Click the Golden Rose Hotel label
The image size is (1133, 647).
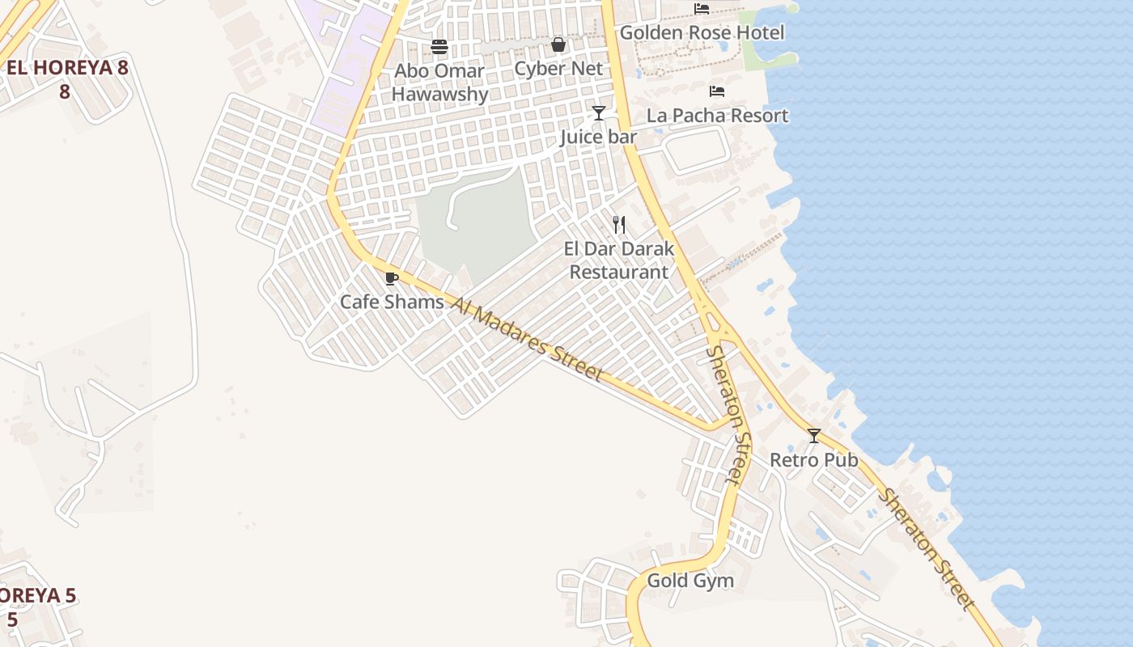coord(702,33)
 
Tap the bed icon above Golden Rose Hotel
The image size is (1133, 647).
coord(702,9)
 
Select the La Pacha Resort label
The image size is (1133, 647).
coord(717,116)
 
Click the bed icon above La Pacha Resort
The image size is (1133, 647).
coord(717,91)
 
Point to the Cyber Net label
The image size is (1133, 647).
coord(558,69)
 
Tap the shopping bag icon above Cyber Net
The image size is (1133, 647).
coord(558,44)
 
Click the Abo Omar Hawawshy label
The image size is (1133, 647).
coord(439,82)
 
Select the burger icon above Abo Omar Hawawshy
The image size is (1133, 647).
coord(439,47)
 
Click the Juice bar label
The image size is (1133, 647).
coord(598,137)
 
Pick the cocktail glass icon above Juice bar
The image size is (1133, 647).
coord(598,113)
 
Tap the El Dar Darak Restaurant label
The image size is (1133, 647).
coord(619,260)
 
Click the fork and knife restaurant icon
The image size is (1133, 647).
coord(619,225)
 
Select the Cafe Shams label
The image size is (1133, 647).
coord(392,302)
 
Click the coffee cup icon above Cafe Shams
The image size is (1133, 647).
coord(392,279)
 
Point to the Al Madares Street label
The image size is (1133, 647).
coord(527,339)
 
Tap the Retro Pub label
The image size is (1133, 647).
coord(813,460)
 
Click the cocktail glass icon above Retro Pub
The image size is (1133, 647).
coord(814,436)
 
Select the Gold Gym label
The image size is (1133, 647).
coord(690,581)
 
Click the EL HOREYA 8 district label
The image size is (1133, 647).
coord(66,78)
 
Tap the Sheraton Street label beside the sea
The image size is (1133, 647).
coord(927,548)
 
